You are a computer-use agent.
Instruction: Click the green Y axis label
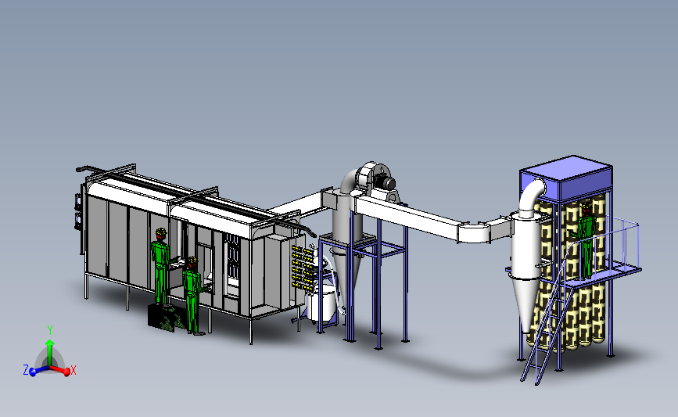point(50,330)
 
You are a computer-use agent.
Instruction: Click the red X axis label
point(73,370)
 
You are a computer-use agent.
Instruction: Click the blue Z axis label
point(26,370)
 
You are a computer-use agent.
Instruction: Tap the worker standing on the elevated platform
point(586,240)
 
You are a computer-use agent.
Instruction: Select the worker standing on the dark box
point(160,266)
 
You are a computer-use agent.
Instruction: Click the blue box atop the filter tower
point(566,178)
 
